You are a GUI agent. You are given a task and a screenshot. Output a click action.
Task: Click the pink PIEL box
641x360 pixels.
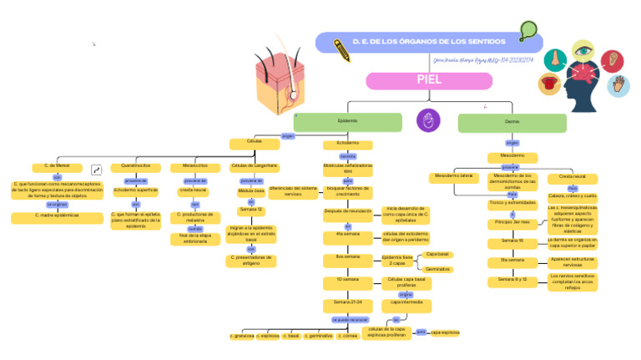pos(429,80)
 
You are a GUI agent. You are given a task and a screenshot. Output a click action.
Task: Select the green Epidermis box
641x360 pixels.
pos(348,122)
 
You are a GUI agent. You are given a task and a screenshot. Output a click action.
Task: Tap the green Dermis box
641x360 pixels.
pos(512,122)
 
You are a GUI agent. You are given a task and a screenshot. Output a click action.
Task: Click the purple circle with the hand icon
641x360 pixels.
pos(427,120)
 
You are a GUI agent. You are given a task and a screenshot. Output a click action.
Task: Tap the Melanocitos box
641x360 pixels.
pos(194,166)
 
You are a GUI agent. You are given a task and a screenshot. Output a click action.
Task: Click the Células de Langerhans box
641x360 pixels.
pos(254,166)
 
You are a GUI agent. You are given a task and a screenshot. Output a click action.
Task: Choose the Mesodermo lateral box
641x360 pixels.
pos(453,176)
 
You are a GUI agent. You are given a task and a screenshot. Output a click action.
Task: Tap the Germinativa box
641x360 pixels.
pos(438,269)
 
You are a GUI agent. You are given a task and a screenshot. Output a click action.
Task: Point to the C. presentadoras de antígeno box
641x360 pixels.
pos(251,260)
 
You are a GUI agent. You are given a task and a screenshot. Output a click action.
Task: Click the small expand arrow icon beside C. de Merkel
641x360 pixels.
pos(97,170)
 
